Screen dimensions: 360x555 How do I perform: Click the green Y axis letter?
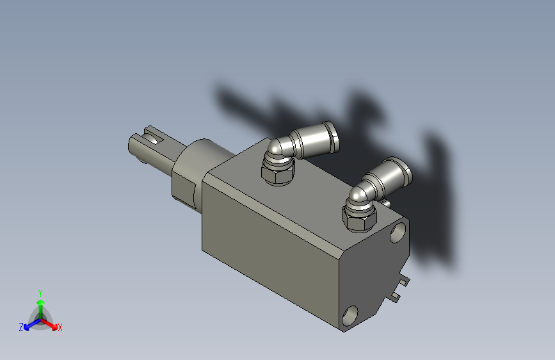click(40, 292)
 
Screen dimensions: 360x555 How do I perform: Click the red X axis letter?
click(60, 328)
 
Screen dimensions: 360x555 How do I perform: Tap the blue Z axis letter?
click(21, 327)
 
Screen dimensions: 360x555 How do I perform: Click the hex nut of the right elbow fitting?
click(358, 219)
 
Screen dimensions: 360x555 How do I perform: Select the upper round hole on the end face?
click(400, 230)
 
